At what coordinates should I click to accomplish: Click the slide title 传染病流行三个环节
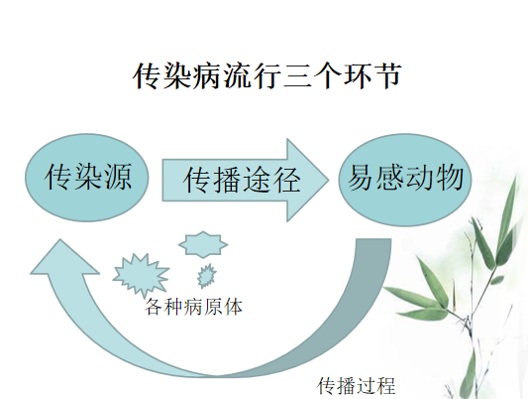click(x=267, y=75)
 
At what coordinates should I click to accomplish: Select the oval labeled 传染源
click(x=87, y=178)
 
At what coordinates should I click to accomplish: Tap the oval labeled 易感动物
click(x=405, y=180)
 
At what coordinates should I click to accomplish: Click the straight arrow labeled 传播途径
click(x=246, y=180)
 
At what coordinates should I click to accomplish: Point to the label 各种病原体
click(x=193, y=307)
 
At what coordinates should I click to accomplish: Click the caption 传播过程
click(x=357, y=386)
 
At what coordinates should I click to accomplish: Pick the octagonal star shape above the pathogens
click(x=203, y=245)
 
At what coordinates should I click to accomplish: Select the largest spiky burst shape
click(x=141, y=274)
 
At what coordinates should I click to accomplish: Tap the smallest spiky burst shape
click(x=206, y=276)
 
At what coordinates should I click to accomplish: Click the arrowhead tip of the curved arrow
click(x=60, y=239)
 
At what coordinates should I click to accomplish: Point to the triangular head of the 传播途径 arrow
click(x=307, y=180)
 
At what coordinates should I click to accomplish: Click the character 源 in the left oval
click(x=118, y=177)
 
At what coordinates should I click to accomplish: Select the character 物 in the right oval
click(x=450, y=178)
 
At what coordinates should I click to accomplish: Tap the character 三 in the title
click(x=298, y=76)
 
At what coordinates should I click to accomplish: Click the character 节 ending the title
click(x=388, y=75)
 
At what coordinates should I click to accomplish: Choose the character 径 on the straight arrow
click(x=286, y=180)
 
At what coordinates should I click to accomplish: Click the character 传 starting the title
click(x=148, y=75)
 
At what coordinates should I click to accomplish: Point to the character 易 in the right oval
click(x=361, y=178)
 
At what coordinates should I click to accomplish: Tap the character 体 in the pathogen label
click(x=234, y=307)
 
